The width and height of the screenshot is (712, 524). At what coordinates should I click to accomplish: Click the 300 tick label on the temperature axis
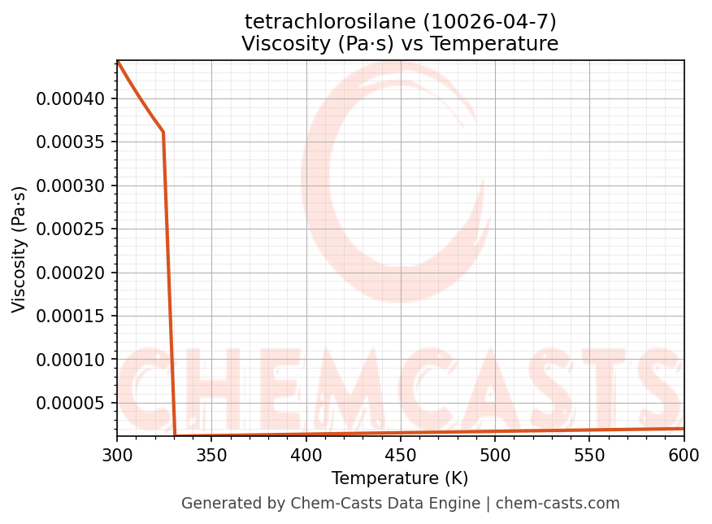pyautogui.click(x=117, y=456)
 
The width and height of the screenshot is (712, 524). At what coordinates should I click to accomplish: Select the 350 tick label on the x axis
pyautogui.click(x=211, y=456)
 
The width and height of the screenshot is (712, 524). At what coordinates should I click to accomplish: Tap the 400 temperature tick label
pyautogui.click(x=306, y=456)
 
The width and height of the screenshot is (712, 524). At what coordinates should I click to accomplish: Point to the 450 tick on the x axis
pyautogui.click(x=400, y=456)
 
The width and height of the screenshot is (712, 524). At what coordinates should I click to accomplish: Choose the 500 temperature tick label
pyautogui.click(x=494, y=456)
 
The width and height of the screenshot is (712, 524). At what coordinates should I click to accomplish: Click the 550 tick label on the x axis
pyautogui.click(x=589, y=456)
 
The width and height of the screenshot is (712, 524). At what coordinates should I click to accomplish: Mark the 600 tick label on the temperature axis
pyautogui.click(x=684, y=456)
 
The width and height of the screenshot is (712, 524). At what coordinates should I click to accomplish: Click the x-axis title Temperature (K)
pyautogui.click(x=400, y=478)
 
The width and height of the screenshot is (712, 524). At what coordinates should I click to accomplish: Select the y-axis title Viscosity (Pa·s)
pyautogui.click(x=20, y=249)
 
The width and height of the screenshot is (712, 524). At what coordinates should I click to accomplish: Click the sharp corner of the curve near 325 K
pyautogui.click(x=163, y=132)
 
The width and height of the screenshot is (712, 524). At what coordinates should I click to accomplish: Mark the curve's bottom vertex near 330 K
pyautogui.click(x=175, y=436)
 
